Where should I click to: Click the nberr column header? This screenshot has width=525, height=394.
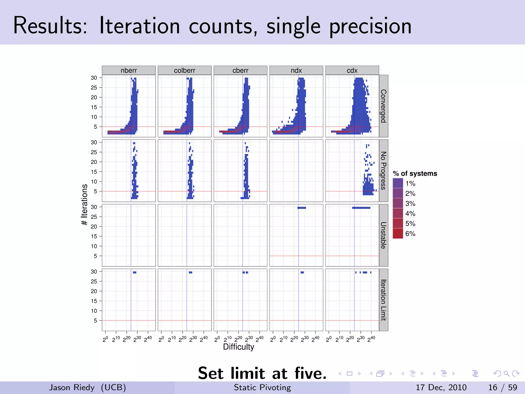pos(129,70)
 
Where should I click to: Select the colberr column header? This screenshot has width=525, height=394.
pos(185,70)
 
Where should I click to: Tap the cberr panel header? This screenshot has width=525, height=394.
pos(240,70)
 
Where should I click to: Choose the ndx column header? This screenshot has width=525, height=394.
pos(296,70)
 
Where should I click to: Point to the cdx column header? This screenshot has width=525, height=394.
pos(352,70)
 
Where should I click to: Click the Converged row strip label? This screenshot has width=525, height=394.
pos(383,106)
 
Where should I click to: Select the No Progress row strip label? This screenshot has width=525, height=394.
pos(383,171)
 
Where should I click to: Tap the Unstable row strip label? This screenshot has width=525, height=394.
pos(383,235)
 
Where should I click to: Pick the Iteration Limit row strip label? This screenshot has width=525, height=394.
pos(383,300)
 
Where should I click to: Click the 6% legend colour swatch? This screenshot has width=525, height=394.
pos(398,233)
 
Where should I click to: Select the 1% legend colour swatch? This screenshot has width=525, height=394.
pos(398,183)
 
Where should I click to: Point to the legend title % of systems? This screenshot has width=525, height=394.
pos(415,174)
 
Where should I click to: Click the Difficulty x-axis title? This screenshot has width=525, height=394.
pos(238,347)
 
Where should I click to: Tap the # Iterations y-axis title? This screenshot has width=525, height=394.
pos(84,205)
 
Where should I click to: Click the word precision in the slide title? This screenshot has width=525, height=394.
pos(370,26)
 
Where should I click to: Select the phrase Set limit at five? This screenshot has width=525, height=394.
pos(262,373)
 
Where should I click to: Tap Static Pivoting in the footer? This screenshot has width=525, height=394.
pos(262,387)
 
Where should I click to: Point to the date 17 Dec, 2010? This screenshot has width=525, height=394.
pos(441,387)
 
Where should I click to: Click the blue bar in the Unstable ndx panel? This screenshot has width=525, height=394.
pos(301,208)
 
